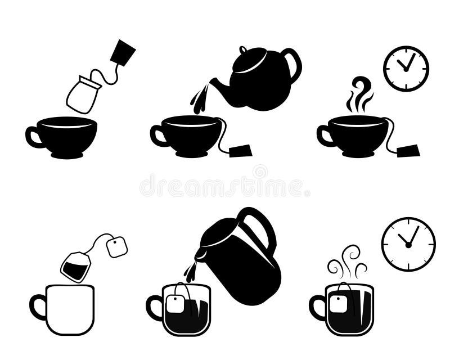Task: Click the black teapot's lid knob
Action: click(243, 50)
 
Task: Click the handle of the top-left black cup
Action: click(33, 137)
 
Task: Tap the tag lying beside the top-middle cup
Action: click(241, 150)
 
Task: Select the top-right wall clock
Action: click(406, 69)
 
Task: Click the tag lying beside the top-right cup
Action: click(408, 150)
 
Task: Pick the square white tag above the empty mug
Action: click(116, 247)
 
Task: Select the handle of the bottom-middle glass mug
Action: click(153, 308)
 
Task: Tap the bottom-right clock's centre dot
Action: click(408, 245)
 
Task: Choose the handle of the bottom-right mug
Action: click(316, 308)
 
